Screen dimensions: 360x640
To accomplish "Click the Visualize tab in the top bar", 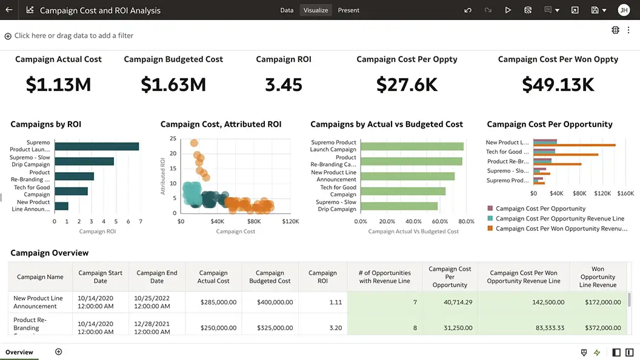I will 316,10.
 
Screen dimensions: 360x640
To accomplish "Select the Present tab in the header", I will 348,10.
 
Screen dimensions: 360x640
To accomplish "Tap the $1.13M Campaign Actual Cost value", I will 58,85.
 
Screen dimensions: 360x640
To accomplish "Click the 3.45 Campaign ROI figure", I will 284,85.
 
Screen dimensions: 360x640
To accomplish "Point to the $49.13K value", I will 558,85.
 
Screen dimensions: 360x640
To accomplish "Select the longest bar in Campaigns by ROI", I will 97,147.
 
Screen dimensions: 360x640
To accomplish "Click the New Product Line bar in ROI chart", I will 62,206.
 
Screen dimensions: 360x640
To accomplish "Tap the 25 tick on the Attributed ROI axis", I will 173,139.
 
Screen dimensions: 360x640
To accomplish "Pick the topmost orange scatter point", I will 194,144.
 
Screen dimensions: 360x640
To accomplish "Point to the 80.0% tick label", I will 466,222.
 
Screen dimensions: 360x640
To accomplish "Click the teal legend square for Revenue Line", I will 490,218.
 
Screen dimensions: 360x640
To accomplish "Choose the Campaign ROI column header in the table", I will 322,277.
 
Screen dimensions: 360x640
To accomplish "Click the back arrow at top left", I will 8,10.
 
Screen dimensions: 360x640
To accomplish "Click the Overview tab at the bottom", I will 19,352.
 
